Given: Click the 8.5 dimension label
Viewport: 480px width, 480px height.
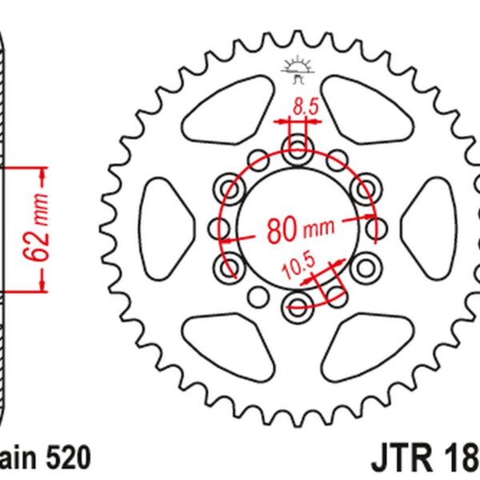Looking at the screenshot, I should click(298, 104).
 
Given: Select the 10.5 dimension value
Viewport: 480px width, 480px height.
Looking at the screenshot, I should click(294, 268).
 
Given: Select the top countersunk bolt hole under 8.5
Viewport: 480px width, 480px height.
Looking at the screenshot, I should click(298, 148).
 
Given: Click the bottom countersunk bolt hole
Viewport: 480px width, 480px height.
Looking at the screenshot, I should click(298, 302).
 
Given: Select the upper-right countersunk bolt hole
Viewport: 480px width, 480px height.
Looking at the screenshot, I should click(366, 190).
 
